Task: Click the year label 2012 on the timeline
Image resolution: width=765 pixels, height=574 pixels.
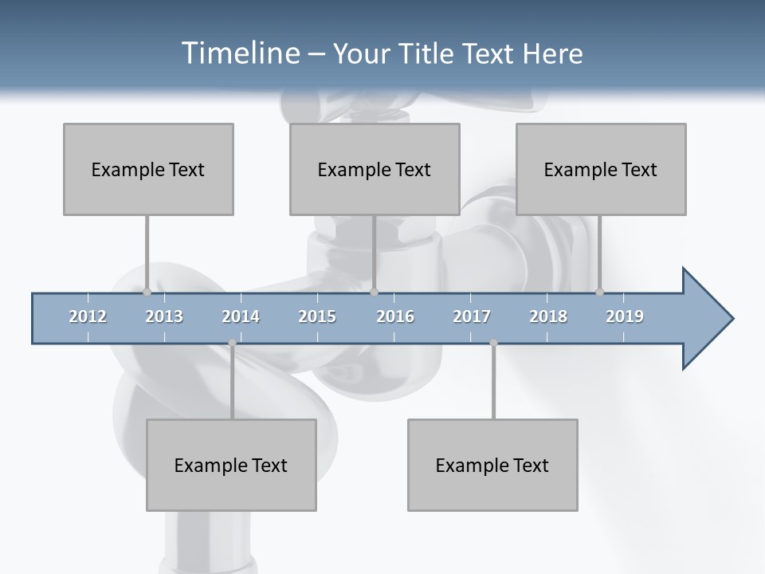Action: tap(88, 316)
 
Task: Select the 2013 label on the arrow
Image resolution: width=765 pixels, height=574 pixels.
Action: tap(164, 316)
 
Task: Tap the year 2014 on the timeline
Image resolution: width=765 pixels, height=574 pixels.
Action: tap(241, 316)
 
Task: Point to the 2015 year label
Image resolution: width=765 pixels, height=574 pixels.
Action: tap(317, 316)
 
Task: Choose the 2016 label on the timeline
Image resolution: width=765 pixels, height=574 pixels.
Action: tap(395, 316)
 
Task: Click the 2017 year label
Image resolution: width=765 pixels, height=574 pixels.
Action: tap(472, 316)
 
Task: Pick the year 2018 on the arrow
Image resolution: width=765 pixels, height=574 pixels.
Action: tap(548, 316)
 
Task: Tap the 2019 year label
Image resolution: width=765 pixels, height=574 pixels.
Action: tap(625, 316)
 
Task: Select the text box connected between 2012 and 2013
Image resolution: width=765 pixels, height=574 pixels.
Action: tap(148, 169)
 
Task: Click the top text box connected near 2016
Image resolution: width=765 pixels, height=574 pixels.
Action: tap(375, 169)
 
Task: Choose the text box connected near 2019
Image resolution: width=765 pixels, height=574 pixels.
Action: tap(601, 169)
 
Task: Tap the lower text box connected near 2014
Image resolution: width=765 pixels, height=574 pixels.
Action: tap(231, 465)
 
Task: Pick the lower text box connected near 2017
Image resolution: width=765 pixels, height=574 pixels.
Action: tap(492, 465)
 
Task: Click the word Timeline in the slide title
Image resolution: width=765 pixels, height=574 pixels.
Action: tap(239, 53)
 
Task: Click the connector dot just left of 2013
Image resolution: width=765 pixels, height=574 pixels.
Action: tap(147, 292)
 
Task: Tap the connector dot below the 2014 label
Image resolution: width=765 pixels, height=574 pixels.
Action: tap(232, 343)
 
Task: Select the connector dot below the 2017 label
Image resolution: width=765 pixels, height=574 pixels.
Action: tap(493, 343)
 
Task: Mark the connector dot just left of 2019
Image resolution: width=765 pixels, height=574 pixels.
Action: tap(599, 292)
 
